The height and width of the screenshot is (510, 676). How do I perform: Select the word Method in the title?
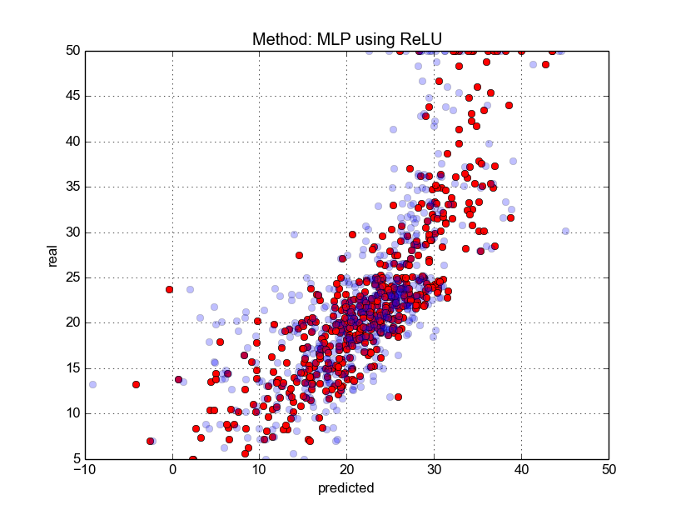(x=278, y=40)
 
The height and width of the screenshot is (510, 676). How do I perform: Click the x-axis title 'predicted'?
(x=346, y=488)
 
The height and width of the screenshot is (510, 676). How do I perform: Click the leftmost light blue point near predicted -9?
(x=92, y=385)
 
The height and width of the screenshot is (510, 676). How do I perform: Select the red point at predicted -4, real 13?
(x=136, y=385)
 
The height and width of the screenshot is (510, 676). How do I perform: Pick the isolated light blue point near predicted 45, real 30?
(x=565, y=231)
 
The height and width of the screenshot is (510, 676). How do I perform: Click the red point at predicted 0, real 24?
(x=170, y=289)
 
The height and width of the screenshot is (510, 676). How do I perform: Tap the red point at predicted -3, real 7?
(x=150, y=441)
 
